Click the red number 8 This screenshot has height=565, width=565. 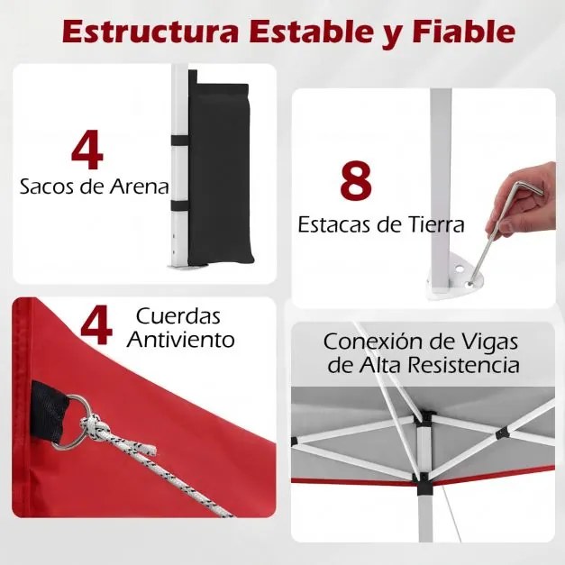(356, 180)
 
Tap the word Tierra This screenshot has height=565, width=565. (431, 224)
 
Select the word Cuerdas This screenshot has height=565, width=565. (178, 317)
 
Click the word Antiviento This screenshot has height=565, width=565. (180, 340)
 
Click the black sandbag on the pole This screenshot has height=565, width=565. (221, 171)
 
